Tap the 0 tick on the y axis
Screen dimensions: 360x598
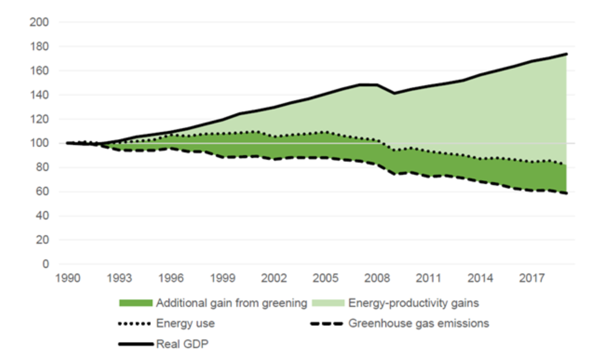coord(45,264)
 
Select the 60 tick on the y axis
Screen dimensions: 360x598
coord(42,192)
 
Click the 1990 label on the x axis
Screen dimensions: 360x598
coord(68,279)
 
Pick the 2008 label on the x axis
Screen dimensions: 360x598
coord(378,279)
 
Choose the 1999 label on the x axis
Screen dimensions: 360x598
coord(223,279)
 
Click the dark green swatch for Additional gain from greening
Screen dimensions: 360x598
coord(135,304)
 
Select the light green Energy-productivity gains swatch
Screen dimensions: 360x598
coord(327,304)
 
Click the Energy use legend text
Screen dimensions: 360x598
coord(186,323)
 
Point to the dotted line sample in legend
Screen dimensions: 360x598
coord(135,323)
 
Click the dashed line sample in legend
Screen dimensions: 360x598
coord(327,323)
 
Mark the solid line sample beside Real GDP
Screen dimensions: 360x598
coord(135,343)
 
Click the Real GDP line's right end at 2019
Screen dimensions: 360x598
coord(566,54)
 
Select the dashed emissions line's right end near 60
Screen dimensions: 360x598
coord(566,193)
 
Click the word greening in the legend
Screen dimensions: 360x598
coord(288,304)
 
